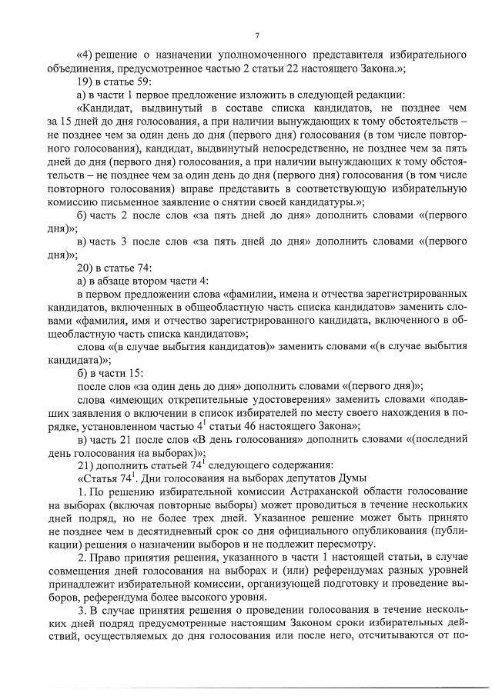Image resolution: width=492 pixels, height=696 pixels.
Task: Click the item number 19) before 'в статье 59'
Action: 86,81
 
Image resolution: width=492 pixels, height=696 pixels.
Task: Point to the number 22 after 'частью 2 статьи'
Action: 290,68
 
